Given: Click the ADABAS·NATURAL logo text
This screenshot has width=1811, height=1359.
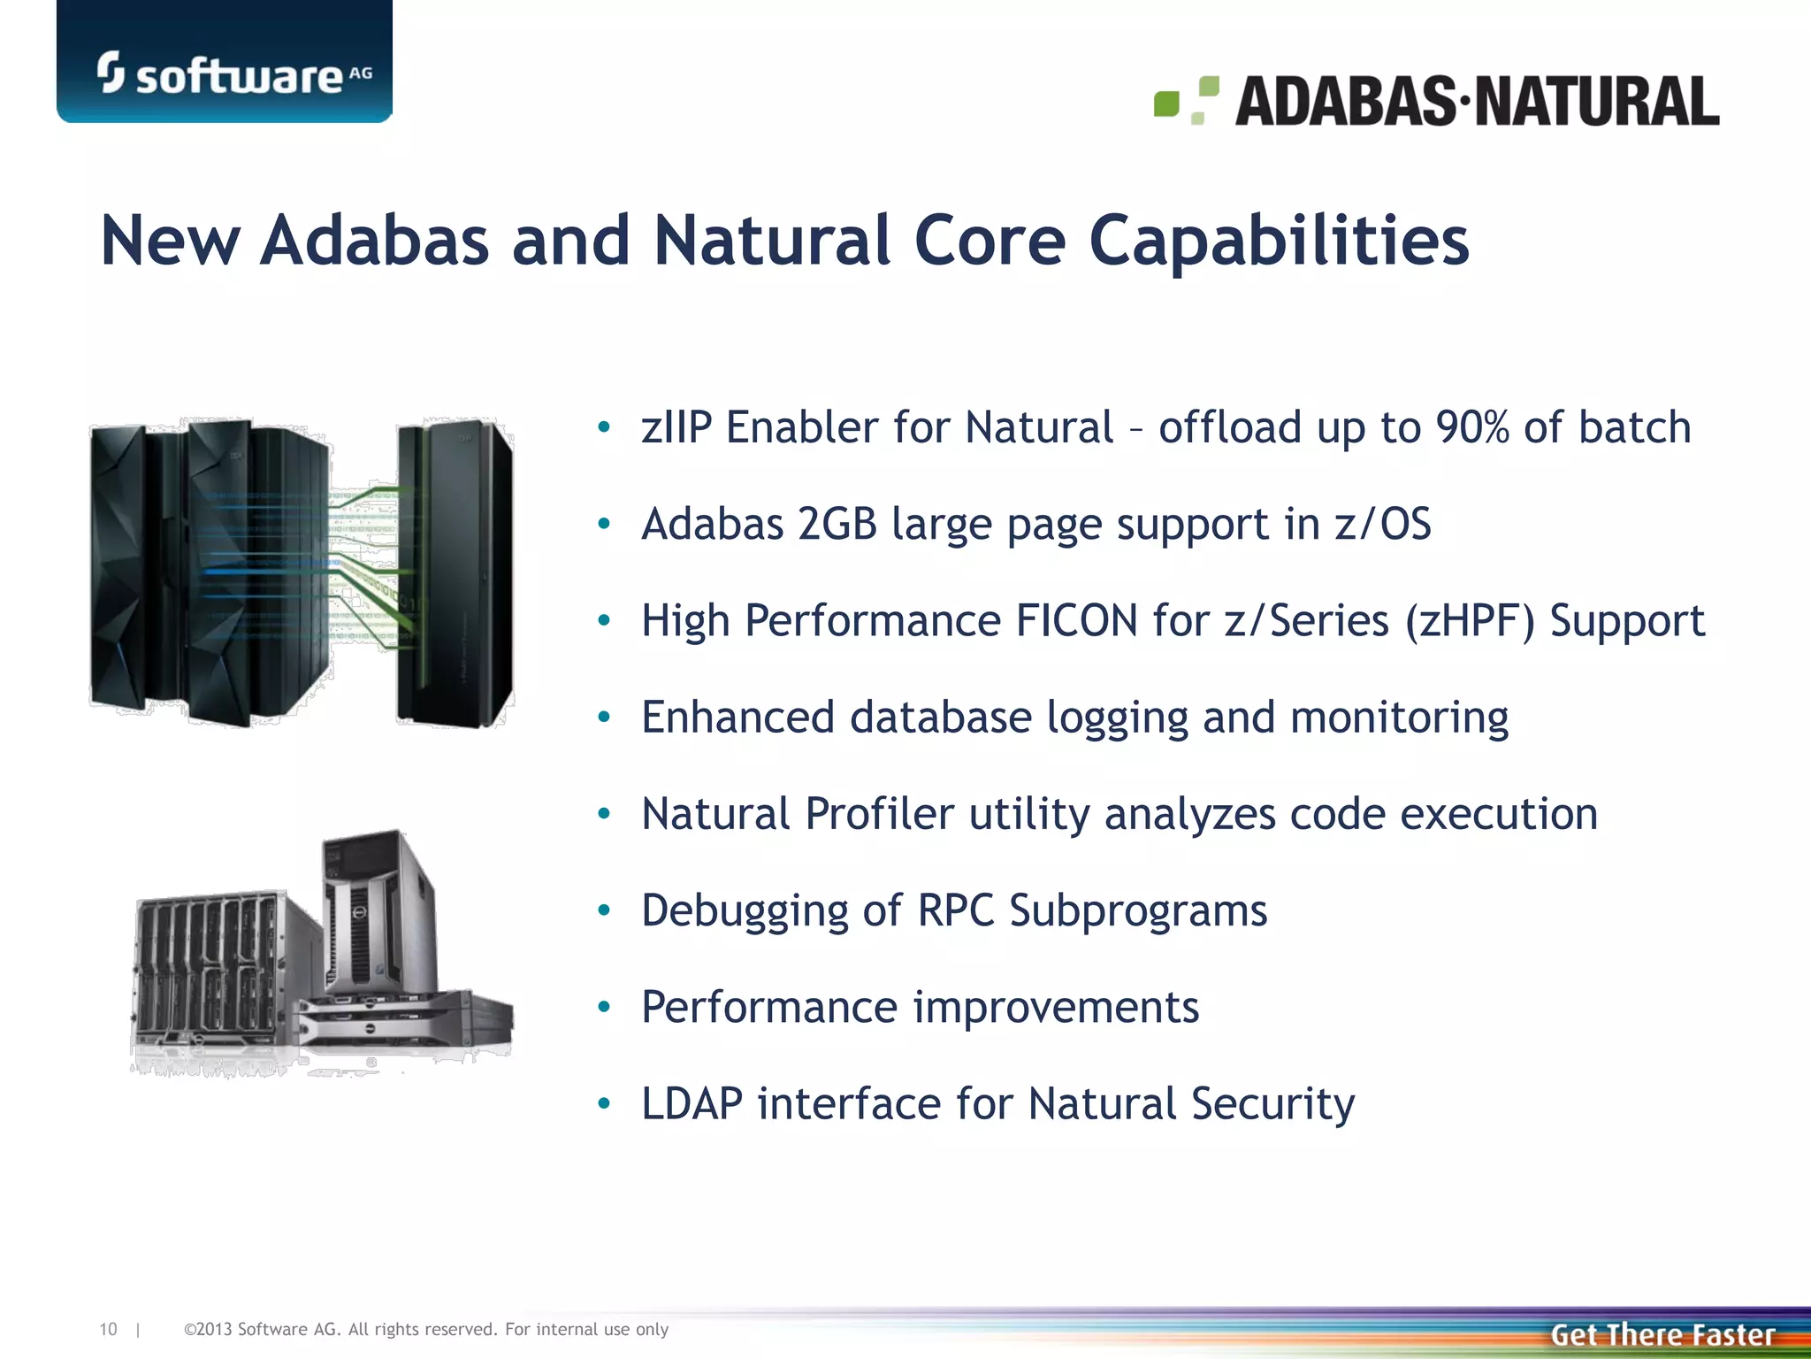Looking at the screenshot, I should tap(1477, 101).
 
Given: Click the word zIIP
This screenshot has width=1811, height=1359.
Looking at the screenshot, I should tap(676, 427).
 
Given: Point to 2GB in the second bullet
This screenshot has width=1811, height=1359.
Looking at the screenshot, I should tap(837, 524).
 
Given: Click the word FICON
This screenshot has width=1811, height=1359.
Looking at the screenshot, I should tap(1076, 620).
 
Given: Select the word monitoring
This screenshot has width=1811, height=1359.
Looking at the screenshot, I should tap(1399, 717).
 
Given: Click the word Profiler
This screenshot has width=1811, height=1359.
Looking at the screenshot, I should tap(879, 814).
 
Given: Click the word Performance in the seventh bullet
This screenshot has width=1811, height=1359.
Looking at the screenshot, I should tap(769, 1007).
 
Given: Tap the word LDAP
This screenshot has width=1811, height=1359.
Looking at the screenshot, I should tap(692, 1104).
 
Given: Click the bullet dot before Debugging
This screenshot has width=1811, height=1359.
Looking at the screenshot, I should tap(604, 910).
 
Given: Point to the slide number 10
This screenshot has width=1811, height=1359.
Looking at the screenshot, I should tap(108, 1329).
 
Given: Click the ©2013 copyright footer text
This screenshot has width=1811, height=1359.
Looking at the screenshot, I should tap(425, 1329).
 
